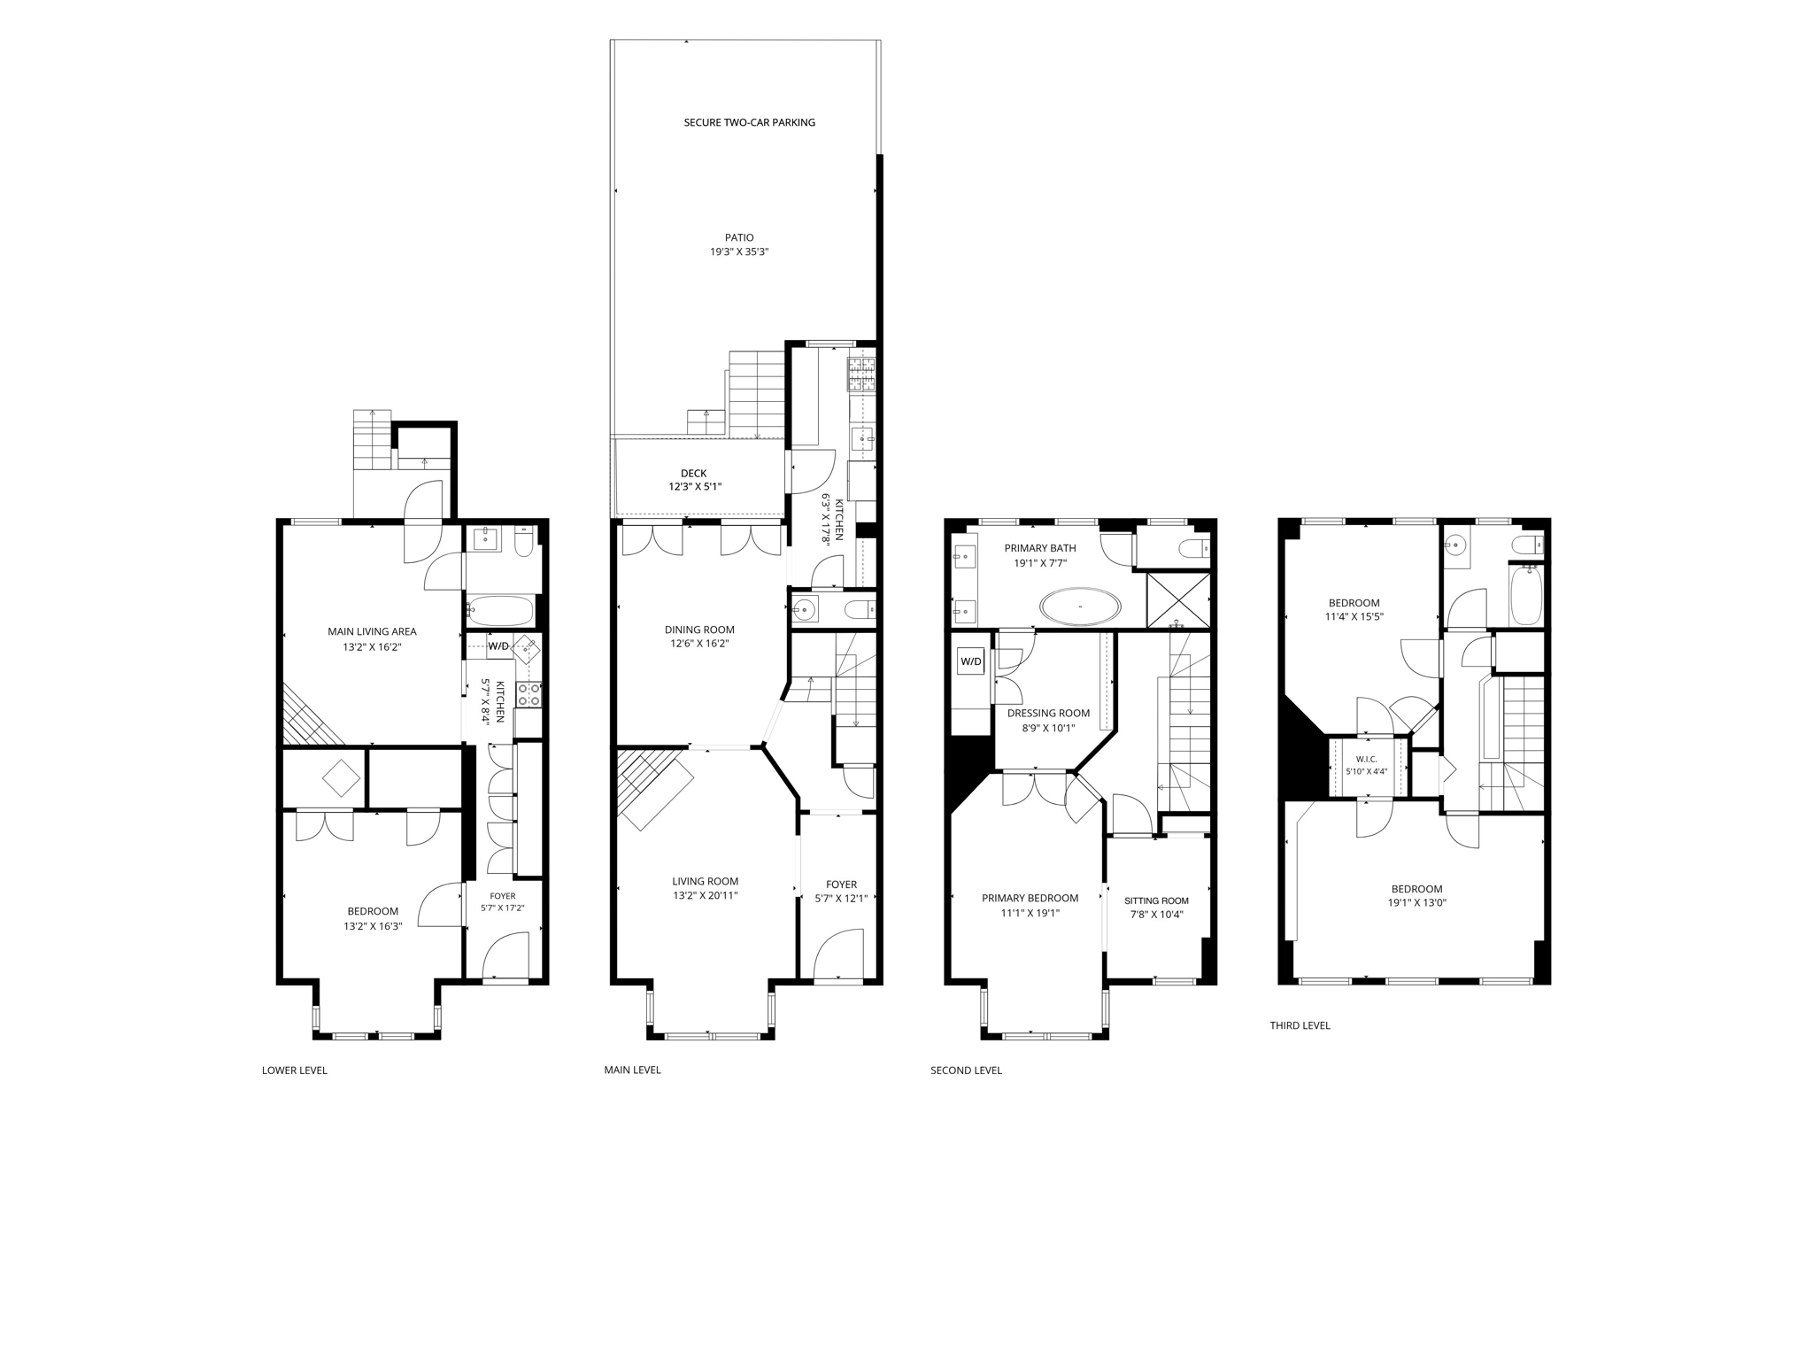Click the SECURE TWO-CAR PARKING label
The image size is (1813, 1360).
[x=749, y=123]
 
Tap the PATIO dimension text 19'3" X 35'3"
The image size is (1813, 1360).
[x=739, y=252]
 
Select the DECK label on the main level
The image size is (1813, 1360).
[x=694, y=474]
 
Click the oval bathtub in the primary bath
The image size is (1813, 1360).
[x=1080, y=607]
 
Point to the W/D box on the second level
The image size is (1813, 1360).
[x=971, y=661]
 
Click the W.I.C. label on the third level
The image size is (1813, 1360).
[x=1367, y=759]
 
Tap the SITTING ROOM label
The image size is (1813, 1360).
[x=1156, y=901]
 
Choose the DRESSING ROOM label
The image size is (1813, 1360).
[x=1048, y=714]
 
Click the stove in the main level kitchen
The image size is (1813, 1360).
[x=861, y=375]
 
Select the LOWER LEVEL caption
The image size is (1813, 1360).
[x=295, y=1070]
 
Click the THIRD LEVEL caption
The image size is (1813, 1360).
[x=1300, y=1026]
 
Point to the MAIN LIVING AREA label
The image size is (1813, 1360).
[x=372, y=632]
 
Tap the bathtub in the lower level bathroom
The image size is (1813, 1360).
[x=500, y=611]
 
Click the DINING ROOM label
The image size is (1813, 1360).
[x=699, y=630]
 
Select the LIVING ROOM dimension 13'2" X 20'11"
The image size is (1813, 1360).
[x=705, y=896]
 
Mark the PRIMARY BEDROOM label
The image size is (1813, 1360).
[x=1030, y=899]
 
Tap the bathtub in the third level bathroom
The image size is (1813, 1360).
[x=1526, y=595]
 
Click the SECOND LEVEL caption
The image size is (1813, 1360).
[x=966, y=1070]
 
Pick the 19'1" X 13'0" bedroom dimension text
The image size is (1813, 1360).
[x=1416, y=903]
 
